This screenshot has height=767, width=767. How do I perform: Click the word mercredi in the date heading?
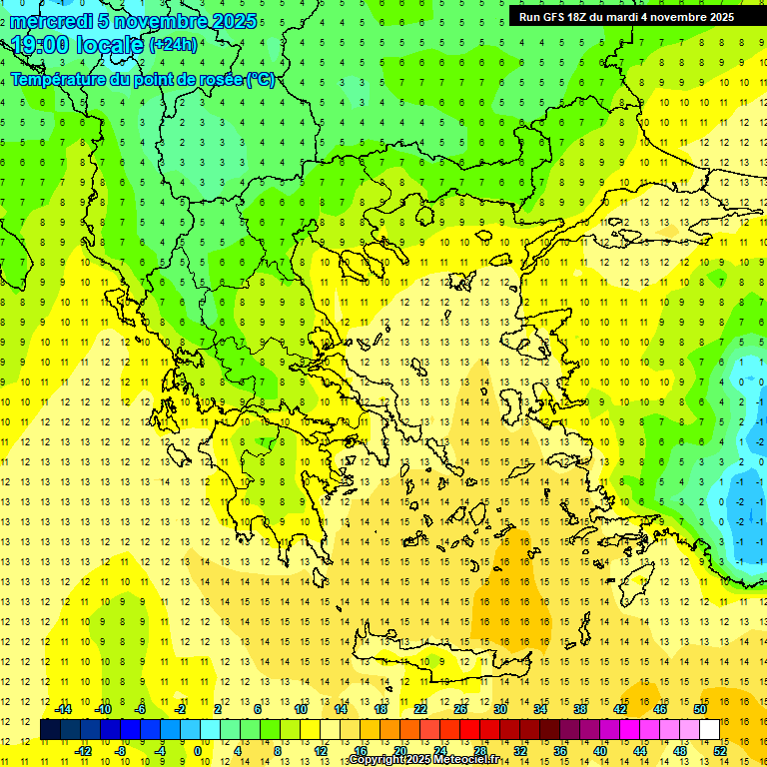coord(51,21)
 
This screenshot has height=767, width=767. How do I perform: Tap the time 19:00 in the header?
coord(45,45)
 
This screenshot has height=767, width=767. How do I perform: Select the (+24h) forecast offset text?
coord(173,45)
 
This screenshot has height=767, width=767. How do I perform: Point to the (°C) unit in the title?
coord(261,79)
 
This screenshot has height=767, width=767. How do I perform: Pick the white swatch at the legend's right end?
coord(709,730)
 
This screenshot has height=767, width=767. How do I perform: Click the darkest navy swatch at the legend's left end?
coord(50,730)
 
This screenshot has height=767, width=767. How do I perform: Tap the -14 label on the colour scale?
coord(63,709)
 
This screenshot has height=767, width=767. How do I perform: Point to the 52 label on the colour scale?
coord(720,751)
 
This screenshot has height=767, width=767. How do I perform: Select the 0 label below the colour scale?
coord(198,751)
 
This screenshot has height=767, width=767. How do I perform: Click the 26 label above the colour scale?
coord(460,709)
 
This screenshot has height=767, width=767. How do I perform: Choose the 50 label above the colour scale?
coord(699,709)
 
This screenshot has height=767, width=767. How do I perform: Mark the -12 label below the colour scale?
coord(83,751)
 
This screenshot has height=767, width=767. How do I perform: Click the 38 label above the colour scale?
coord(580,709)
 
